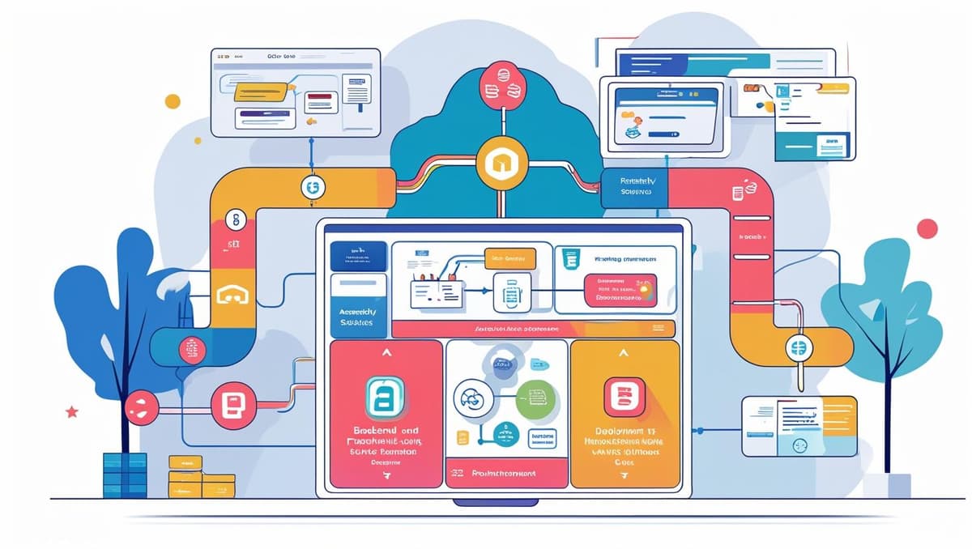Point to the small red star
pyautogui.click(x=72, y=411)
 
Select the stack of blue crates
pyautogui.click(x=125, y=475)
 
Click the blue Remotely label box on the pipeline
pyautogui.click(x=634, y=187)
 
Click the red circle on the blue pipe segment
pyautogui.click(x=191, y=350)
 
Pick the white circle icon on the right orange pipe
pyautogui.click(x=795, y=349)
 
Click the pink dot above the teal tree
pyautogui.click(x=927, y=228)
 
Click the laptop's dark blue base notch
pyautogui.click(x=495, y=502)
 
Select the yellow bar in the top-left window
pyautogui.click(x=261, y=92)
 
